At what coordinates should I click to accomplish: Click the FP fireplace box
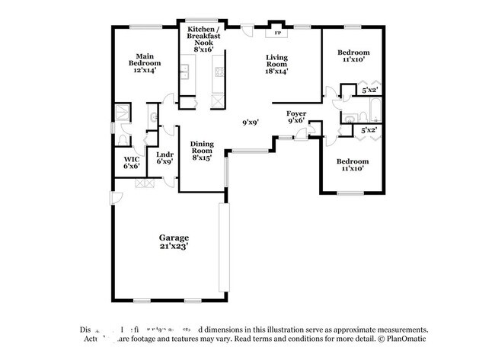pos(276,33)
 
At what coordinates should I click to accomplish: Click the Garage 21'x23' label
pos(174,241)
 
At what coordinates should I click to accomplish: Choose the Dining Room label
pos(202,151)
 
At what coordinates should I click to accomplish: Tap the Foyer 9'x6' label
pos(296,117)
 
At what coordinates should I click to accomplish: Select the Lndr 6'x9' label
pos(164,158)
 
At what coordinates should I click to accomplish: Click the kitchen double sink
pos(184,73)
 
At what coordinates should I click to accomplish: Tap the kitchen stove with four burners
pos(219,73)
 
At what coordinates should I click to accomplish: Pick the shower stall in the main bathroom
pos(121,113)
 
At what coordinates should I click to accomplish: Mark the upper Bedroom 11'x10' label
pos(353,56)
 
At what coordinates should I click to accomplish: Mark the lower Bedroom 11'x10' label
pos(353,165)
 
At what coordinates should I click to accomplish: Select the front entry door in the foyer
pos(302,134)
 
